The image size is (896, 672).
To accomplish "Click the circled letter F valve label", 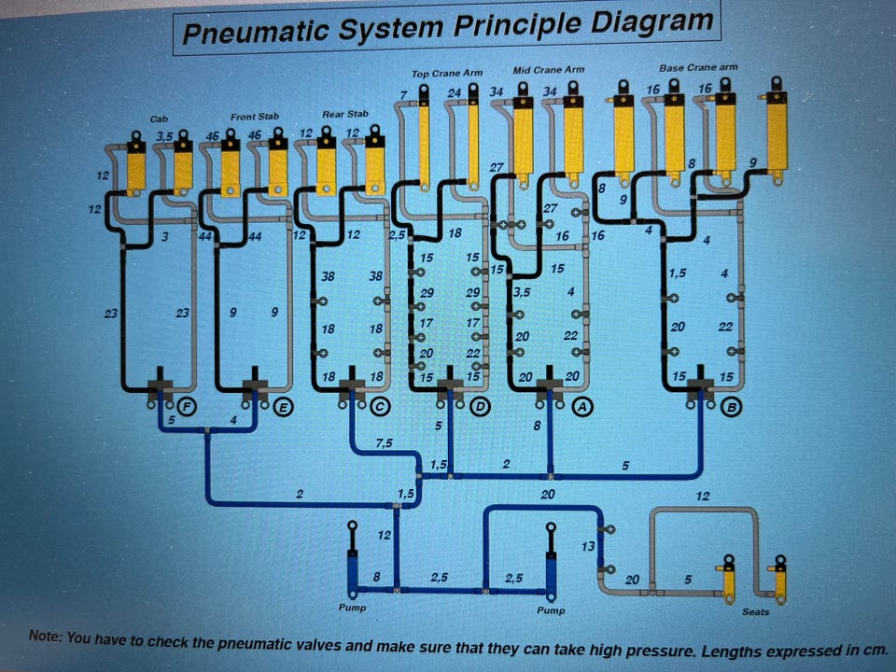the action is pyautogui.click(x=187, y=407).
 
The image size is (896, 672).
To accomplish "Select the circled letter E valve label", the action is pyautogui.click(x=282, y=407).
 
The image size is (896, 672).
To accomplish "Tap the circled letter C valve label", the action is pyautogui.click(x=380, y=406).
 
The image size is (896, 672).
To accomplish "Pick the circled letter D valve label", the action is pyautogui.click(x=481, y=406).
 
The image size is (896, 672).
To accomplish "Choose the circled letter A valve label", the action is pyautogui.click(x=582, y=406).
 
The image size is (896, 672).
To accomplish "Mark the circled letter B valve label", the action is pyautogui.click(x=732, y=408).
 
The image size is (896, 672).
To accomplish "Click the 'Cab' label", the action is pyautogui.click(x=159, y=119).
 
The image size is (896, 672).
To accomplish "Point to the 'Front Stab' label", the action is pyautogui.click(x=255, y=117).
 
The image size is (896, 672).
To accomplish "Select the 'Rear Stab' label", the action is pyautogui.click(x=345, y=114).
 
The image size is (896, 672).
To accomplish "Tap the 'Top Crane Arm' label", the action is pyautogui.click(x=447, y=73).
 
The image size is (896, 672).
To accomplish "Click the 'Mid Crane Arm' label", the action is pyautogui.click(x=549, y=70).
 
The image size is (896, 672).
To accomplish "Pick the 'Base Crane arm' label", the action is pyautogui.click(x=698, y=67).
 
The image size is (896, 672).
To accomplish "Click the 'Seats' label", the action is pyautogui.click(x=755, y=612).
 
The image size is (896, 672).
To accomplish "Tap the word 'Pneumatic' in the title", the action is pyautogui.click(x=256, y=32).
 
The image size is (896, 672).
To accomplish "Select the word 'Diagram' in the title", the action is pyautogui.click(x=651, y=22).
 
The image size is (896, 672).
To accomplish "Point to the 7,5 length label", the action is pyautogui.click(x=384, y=442).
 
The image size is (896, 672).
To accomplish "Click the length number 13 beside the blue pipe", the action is pyautogui.click(x=588, y=546).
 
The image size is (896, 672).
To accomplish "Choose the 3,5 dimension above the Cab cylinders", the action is pyautogui.click(x=164, y=137).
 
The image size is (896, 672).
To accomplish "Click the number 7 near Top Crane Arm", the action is pyautogui.click(x=404, y=95).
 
